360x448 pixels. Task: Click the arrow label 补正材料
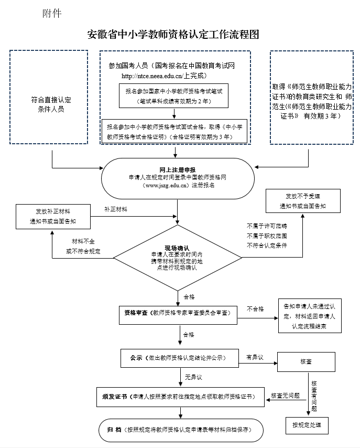[116, 209]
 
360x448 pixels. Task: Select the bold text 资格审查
[135, 313]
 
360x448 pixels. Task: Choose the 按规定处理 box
[307, 424]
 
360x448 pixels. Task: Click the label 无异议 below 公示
[193, 377]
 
